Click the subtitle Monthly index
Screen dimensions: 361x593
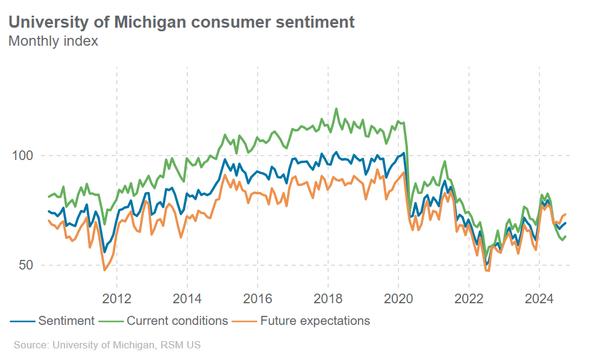[x=53, y=42]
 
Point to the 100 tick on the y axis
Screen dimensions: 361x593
[x=23, y=156]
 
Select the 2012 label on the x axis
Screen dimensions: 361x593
[x=116, y=298]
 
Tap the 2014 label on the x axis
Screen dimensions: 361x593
[x=187, y=298]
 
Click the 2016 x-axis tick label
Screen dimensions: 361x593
[x=257, y=298]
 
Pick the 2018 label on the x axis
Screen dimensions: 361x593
[x=328, y=298]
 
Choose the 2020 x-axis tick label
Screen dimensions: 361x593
[x=398, y=298]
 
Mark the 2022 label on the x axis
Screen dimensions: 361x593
[x=469, y=298]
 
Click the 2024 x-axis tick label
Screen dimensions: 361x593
[x=539, y=298]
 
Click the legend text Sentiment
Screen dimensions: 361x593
[x=66, y=321]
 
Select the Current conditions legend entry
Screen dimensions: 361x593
[x=177, y=321]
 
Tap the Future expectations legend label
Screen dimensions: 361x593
[x=315, y=321]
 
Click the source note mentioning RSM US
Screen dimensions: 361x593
[x=107, y=345]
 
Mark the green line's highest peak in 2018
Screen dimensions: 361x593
[x=336, y=109]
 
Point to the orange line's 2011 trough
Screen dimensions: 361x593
[x=104, y=270]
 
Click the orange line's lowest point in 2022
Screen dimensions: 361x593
[x=487, y=271]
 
